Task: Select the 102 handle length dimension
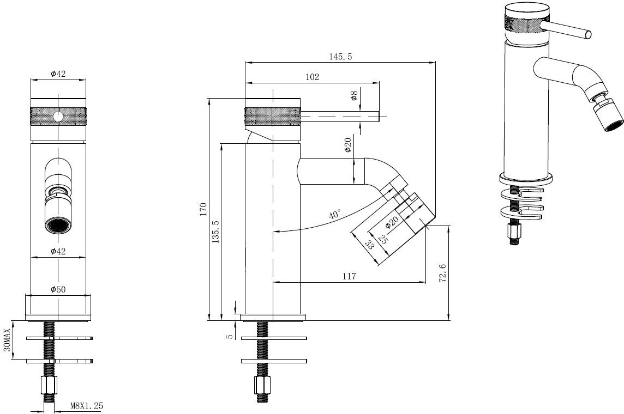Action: (312, 77)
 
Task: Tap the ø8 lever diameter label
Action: (354, 96)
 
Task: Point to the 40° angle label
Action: (335, 214)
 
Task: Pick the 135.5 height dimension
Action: (215, 231)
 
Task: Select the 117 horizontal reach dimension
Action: (349, 277)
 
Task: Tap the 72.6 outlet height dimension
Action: (442, 272)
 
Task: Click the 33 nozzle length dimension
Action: (369, 245)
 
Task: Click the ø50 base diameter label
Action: (58, 290)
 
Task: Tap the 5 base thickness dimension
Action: (230, 336)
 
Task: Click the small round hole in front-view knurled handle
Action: (58, 117)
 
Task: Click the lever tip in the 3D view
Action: (588, 34)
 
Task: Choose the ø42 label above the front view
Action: (58, 74)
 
